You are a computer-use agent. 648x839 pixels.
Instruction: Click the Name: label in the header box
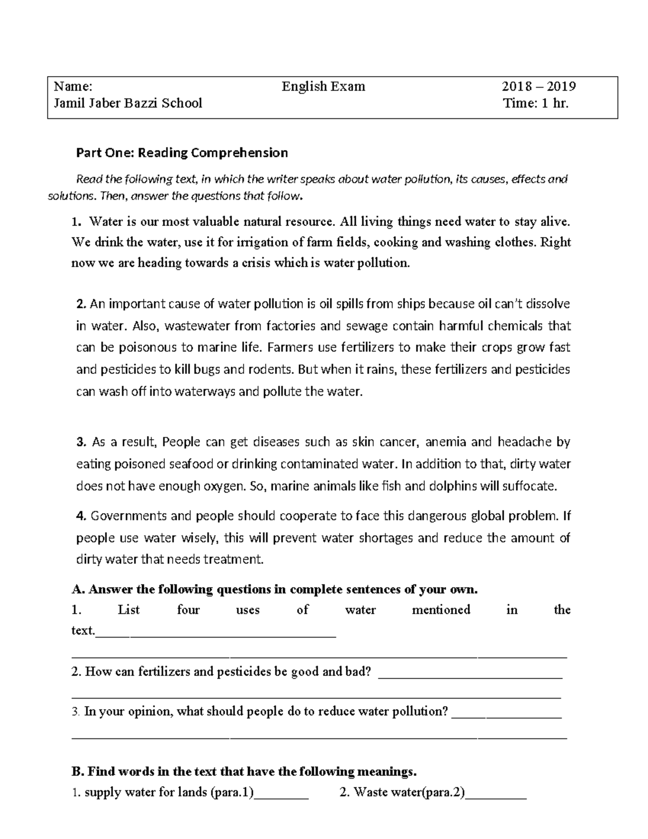pos(73,86)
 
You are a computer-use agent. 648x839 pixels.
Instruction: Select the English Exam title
pos(323,86)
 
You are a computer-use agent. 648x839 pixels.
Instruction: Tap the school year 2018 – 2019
pos(538,86)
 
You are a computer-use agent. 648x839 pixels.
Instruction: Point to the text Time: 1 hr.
pos(535,103)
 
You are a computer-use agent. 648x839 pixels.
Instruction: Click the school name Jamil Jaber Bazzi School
pos(127,103)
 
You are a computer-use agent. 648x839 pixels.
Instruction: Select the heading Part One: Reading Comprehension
pos(182,153)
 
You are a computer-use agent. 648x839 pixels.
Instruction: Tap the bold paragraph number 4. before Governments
pos(82,516)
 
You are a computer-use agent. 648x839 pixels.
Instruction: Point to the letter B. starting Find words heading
pos(78,771)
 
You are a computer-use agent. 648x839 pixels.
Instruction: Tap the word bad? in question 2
pos(359,672)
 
